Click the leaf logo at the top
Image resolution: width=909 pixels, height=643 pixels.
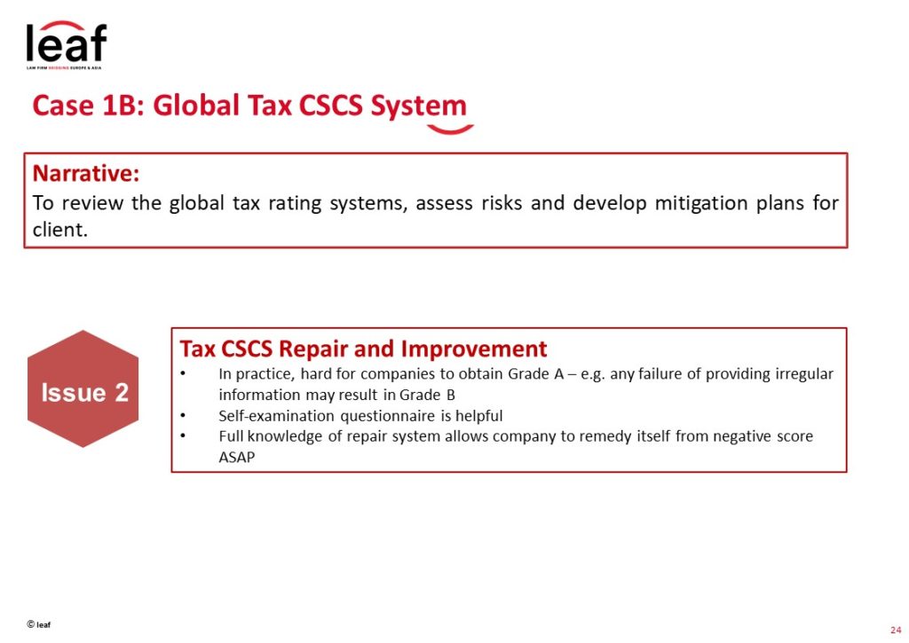point(66,45)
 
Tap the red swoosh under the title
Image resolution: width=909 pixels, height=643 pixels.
point(450,129)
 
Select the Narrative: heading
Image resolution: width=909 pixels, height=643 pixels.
point(86,173)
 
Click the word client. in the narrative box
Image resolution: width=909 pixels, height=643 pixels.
point(59,230)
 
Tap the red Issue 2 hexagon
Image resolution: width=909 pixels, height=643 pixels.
point(83,388)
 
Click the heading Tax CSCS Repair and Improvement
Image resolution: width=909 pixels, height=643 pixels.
point(363,349)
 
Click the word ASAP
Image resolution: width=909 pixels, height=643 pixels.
point(236,457)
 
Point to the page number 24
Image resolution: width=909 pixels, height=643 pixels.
point(896,630)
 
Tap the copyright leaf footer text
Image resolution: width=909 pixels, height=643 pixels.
point(39,624)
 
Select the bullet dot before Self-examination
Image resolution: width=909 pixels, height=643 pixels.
point(183,415)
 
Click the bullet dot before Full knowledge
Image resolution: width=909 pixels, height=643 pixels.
point(183,435)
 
